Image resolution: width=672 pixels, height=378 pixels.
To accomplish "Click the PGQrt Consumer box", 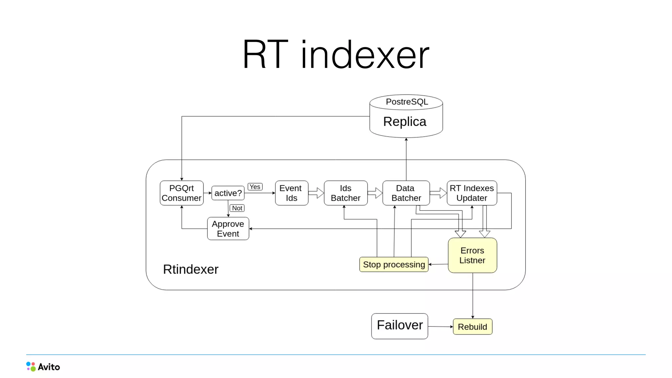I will point(181,193).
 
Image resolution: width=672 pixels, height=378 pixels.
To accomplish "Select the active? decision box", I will point(228,193).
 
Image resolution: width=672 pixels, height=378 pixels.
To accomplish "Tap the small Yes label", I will point(255,187).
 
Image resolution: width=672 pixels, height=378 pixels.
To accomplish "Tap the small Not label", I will point(237,208).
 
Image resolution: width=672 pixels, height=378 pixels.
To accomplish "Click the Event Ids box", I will point(291,193).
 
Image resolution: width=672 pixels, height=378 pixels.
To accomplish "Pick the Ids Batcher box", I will point(346,193).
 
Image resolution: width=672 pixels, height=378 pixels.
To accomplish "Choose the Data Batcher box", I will point(406,193).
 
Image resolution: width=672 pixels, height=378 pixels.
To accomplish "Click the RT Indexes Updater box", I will point(472,193).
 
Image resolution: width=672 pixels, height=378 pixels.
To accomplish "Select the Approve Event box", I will point(228,229).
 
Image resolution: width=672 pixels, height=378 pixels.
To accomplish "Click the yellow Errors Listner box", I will point(472,255).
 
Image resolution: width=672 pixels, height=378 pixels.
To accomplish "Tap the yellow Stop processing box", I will point(394,264).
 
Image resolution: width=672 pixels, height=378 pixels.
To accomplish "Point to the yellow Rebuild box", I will point(472,327).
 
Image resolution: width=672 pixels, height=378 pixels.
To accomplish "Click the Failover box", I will point(399,326).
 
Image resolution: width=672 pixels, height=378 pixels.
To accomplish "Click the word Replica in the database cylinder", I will point(405,122).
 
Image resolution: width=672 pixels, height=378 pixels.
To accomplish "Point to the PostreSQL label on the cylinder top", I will point(407,102).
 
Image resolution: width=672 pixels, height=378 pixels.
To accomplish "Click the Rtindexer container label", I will point(191,269).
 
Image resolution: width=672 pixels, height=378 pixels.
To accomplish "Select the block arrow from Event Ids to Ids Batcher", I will point(316,193).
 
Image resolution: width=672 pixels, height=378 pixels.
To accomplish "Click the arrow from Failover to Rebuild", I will point(440,326).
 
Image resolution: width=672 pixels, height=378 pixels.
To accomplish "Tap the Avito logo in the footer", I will point(43,367).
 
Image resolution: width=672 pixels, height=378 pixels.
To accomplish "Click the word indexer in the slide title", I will point(365,55).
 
